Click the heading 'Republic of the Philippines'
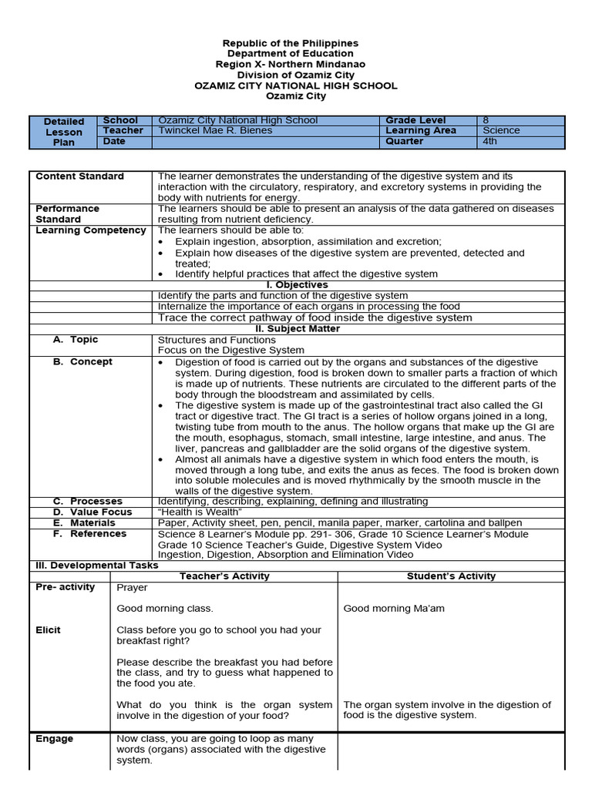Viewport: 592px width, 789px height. click(x=291, y=43)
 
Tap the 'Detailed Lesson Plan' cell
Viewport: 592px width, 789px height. click(x=64, y=132)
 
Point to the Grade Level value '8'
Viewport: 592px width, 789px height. click(x=486, y=120)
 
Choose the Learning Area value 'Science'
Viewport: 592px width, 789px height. click(x=501, y=131)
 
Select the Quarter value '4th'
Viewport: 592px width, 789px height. click(x=490, y=142)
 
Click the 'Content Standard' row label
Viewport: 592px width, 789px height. click(x=79, y=176)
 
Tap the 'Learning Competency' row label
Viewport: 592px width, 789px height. click(x=91, y=230)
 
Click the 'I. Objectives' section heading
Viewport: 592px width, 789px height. click(x=297, y=285)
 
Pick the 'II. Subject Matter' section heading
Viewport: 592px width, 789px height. click(x=297, y=329)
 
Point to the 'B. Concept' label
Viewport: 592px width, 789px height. click(x=82, y=362)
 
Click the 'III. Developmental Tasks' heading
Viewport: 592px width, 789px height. click(x=97, y=566)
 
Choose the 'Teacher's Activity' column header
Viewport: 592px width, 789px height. click(x=224, y=576)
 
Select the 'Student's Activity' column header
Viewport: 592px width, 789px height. click(x=451, y=576)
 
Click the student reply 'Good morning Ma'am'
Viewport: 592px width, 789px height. click(x=393, y=609)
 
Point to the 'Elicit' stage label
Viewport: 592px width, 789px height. click(x=48, y=630)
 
